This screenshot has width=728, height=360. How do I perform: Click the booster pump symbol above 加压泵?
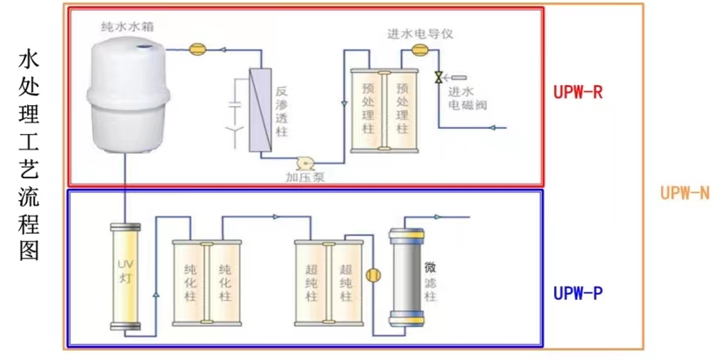pos(305,163)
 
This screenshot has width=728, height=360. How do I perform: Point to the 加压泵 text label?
pos(305,178)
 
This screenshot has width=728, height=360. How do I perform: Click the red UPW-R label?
pos(578,91)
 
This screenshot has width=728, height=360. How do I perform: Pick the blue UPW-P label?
pos(578,293)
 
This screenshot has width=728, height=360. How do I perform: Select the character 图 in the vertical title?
pos(28,250)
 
